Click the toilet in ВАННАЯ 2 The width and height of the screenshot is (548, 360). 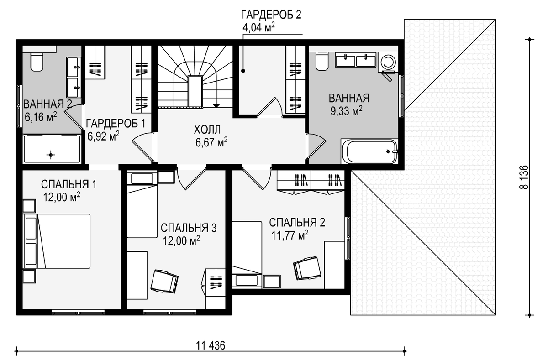pyautogui.click(x=37, y=63)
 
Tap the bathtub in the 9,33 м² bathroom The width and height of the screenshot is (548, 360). pyautogui.click(x=369, y=151)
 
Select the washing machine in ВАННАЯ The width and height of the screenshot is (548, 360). pyautogui.click(x=388, y=62)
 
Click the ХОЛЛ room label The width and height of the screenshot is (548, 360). pyautogui.click(x=207, y=129)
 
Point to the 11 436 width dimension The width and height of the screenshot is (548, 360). pyautogui.click(x=211, y=345)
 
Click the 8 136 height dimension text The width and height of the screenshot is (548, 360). pyautogui.click(x=524, y=177)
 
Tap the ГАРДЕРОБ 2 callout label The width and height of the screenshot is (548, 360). pyautogui.click(x=271, y=15)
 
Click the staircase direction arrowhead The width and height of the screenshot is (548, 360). pyautogui.click(x=216, y=105)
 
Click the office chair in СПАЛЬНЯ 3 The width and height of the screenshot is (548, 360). pyautogui.click(x=164, y=282)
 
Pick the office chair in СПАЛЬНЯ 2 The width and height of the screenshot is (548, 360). pyautogui.click(x=307, y=268)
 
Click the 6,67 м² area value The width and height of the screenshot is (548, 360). pyautogui.click(x=211, y=142)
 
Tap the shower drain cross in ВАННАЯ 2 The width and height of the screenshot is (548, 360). pyautogui.click(x=51, y=155)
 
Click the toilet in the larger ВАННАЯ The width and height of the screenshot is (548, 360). pyautogui.click(x=321, y=62)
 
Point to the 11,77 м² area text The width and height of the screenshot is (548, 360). pyautogui.click(x=290, y=235)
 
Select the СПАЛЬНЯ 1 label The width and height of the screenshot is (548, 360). pyautogui.click(x=69, y=184)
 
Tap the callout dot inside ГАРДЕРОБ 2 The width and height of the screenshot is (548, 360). pyautogui.click(x=243, y=71)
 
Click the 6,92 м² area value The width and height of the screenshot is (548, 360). pyautogui.click(x=104, y=136)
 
